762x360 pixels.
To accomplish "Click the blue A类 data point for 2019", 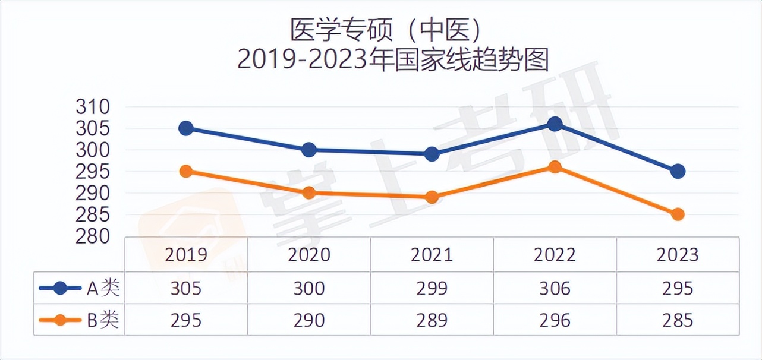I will (x=186, y=128).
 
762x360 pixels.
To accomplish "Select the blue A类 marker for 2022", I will (x=555, y=124).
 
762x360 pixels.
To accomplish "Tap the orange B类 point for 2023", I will (x=678, y=214).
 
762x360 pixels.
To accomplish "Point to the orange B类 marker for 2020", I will (x=309, y=192).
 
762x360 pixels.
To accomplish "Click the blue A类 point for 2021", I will (x=432, y=154).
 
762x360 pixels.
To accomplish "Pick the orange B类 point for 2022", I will (x=555, y=167).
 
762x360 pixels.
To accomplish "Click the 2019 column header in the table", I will (x=186, y=255).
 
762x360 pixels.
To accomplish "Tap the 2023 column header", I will (x=678, y=255).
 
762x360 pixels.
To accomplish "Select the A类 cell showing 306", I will (x=555, y=289).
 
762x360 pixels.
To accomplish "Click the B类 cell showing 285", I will (x=678, y=320).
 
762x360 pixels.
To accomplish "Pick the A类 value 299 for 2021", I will (x=432, y=289).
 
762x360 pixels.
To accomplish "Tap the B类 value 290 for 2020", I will (x=309, y=320).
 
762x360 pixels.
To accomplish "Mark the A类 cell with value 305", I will (x=186, y=289).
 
